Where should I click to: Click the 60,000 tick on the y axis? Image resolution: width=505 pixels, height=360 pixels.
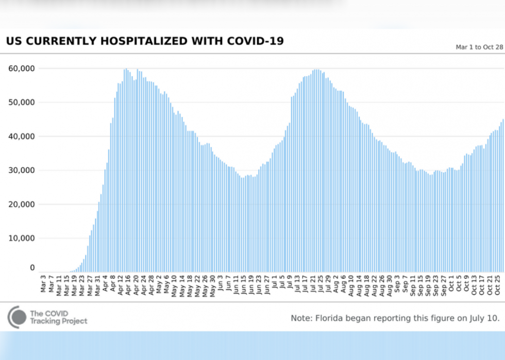pos(22,68)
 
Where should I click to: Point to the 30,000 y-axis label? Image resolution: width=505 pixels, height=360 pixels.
pos(22,170)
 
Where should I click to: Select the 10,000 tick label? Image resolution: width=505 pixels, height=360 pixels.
pos(22,238)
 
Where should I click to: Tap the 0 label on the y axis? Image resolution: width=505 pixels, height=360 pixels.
pos(32,268)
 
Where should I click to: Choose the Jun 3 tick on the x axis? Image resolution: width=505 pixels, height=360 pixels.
pos(221,284)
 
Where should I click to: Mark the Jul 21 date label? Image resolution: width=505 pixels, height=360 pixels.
pos(313,284)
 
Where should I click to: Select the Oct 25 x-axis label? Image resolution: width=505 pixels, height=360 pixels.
pos(498,284)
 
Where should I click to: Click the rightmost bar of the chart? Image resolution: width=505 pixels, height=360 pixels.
pos(503,196)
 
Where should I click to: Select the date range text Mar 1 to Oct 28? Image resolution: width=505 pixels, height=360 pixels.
pos(479,47)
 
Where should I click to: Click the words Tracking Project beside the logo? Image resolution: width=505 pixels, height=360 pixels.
pos(58,321)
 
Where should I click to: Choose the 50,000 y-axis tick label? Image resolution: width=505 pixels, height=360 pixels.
pos(22,102)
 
